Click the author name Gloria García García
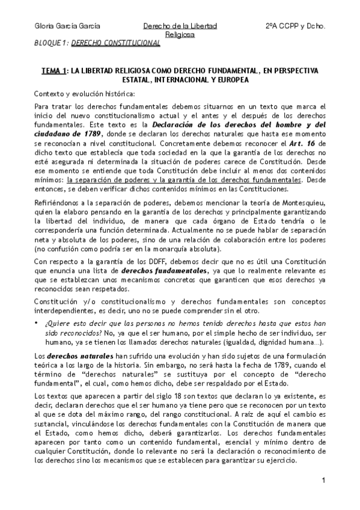coord(67,26)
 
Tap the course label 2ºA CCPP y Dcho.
coord(295,26)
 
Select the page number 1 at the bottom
coord(323,480)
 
